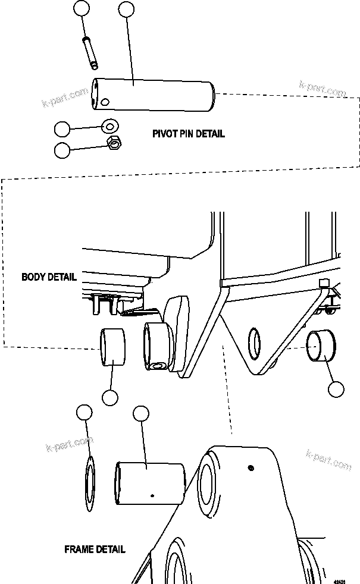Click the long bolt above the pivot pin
click(92, 53)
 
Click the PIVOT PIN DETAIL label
click(188, 134)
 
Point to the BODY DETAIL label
click(49, 277)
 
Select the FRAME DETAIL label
click(95, 550)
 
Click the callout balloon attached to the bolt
click(83, 9)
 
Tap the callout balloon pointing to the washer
click(62, 130)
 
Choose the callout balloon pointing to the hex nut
click(62, 150)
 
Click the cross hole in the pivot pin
click(105, 102)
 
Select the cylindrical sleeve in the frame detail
click(151, 482)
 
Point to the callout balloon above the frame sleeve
click(140, 415)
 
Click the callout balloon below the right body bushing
click(337, 390)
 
